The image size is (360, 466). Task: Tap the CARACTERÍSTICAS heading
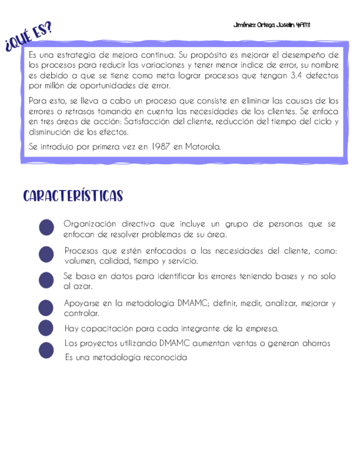click(x=73, y=197)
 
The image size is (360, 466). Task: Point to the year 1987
click(x=159, y=147)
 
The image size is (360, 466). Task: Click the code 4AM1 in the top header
click(x=303, y=25)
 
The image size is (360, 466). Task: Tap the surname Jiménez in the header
click(x=245, y=25)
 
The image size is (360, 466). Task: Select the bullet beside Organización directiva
click(x=47, y=228)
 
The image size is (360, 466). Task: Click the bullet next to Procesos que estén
click(x=47, y=254)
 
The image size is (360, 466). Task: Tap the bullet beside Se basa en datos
click(x=47, y=280)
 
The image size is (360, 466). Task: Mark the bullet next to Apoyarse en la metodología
click(x=47, y=308)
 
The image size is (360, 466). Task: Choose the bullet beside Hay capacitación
click(x=47, y=328)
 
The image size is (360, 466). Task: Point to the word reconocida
click(x=164, y=357)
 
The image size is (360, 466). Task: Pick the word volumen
click(x=80, y=261)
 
